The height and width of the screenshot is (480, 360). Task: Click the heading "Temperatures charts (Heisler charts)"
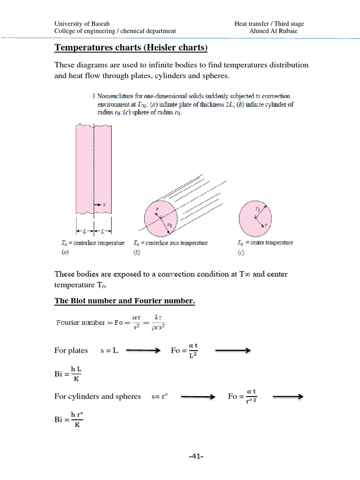pos(131,48)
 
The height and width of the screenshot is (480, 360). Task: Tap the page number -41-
pos(196,456)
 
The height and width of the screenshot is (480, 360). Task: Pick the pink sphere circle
pos(255,217)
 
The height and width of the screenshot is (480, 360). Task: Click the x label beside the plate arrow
pos(104,204)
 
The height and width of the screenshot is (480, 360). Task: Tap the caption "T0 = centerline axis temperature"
pos(170,243)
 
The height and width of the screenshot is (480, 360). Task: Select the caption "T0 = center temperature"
pos(265,242)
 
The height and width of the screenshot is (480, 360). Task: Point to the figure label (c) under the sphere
pos(241,253)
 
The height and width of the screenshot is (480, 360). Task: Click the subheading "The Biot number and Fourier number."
pos(124,301)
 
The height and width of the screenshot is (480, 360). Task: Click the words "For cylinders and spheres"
pos(97,397)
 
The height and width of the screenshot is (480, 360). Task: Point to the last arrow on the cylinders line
pos(288,397)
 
